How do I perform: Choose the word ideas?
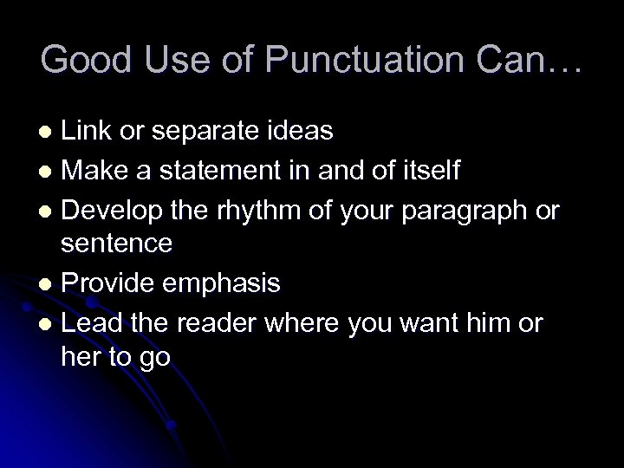[303, 131]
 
